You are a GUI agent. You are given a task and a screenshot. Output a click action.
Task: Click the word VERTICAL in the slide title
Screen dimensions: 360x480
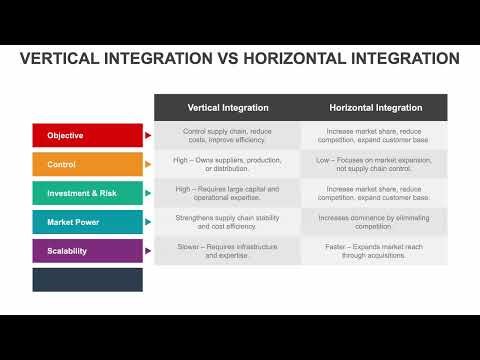coord(62,59)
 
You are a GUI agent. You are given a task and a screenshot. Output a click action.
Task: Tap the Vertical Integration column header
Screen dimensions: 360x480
coord(227,107)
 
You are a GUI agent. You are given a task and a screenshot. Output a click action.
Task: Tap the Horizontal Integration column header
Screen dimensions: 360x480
coord(375,107)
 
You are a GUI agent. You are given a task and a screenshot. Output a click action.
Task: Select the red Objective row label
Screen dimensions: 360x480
coord(88,135)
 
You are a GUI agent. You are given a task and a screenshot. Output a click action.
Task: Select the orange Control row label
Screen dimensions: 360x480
coord(88,164)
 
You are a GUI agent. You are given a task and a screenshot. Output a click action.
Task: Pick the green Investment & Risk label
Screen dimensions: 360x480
coord(88,193)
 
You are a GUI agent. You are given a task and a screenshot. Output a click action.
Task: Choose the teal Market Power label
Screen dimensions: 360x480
coord(88,222)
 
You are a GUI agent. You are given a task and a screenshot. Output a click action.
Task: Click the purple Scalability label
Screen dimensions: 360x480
coord(88,251)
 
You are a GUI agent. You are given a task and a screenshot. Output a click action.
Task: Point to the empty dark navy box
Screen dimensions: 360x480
coord(88,280)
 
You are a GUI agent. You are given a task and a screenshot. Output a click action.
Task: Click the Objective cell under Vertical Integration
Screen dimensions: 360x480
coord(227,136)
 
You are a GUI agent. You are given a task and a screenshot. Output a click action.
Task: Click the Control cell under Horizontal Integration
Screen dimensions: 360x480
coord(375,164)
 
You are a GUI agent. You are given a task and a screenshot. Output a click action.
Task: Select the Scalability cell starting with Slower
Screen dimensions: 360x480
coord(227,251)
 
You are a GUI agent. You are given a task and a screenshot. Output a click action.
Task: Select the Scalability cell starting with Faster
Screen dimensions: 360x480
coord(375,251)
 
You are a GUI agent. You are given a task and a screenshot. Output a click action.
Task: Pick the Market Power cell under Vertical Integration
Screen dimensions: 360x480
coord(227,222)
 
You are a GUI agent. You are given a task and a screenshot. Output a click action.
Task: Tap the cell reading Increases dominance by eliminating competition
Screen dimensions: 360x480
coord(375,222)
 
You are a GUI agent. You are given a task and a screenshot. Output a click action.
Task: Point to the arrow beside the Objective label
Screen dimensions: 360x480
coord(149,135)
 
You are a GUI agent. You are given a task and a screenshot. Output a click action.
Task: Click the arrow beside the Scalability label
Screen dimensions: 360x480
coord(149,251)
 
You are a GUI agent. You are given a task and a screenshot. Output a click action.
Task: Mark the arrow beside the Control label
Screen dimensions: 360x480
coord(149,164)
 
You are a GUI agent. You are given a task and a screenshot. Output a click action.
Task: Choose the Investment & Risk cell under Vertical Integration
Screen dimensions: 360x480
coord(227,193)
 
